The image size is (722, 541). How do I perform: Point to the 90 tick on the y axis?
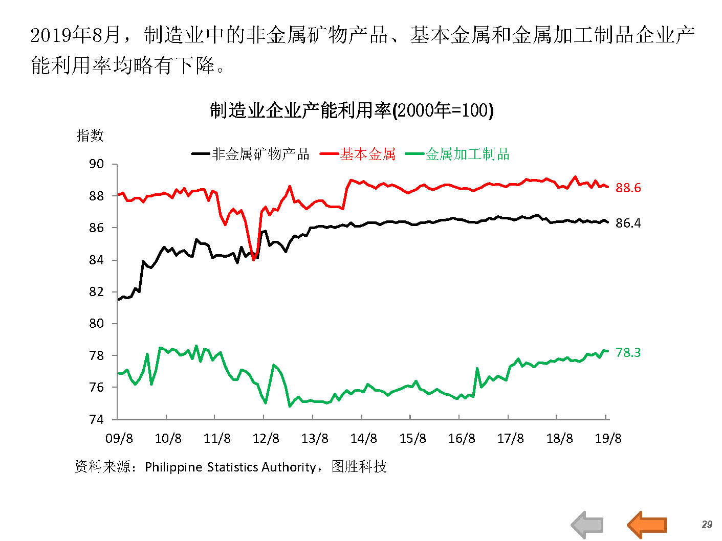tap(96, 164)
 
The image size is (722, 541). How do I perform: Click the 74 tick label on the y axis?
tap(96, 419)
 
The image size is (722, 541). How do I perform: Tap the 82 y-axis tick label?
tap(96, 292)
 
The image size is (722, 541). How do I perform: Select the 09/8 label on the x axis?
tap(119, 438)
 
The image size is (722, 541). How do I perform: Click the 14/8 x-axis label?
tap(364, 438)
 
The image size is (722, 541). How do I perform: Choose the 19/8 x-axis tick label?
tap(608, 438)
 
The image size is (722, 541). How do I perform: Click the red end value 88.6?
tap(628, 188)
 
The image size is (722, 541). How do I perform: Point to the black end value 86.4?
tap(628, 223)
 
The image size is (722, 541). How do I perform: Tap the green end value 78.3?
tap(628, 352)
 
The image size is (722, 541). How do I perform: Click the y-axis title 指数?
tap(90, 136)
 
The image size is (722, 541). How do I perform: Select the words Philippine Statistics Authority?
tap(230, 467)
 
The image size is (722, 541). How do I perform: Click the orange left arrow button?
tap(647, 525)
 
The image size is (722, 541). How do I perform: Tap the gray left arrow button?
tap(587, 525)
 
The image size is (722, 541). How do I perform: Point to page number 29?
tap(707, 525)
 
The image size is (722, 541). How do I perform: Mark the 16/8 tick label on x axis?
tap(462, 438)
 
